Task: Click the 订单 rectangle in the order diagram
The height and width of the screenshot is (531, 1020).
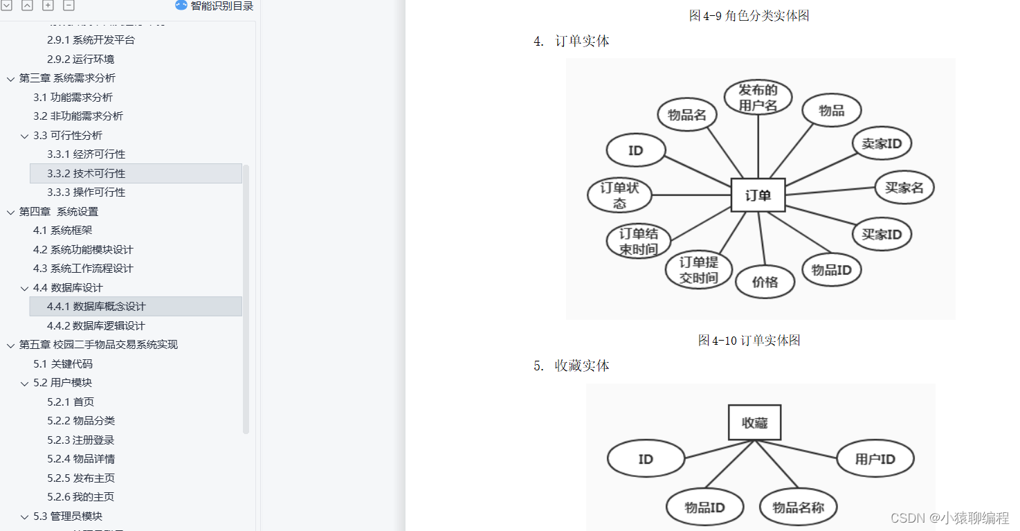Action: point(758,195)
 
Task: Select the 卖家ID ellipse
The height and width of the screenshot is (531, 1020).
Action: point(882,143)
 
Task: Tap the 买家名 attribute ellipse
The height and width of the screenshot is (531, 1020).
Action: point(904,187)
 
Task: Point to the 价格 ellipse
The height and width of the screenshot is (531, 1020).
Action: point(765,282)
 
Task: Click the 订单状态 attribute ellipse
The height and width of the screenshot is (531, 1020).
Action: point(619,195)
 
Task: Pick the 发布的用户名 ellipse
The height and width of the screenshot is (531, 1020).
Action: point(758,97)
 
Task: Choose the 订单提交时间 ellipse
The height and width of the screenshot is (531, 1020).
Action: point(698,269)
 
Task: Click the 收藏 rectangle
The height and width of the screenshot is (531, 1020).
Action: point(754,422)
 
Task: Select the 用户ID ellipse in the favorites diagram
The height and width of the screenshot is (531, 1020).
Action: point(875,458)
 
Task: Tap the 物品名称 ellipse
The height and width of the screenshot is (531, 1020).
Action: point(799,507)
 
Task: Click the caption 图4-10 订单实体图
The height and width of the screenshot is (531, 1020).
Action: point(749,340)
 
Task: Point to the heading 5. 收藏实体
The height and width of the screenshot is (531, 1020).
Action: point(572,366)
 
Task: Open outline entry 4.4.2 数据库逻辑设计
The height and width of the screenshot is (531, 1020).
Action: point(95,325)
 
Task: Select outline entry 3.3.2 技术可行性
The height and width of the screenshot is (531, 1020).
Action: point(86,174)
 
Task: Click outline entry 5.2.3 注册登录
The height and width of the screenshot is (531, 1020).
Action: point(80,440)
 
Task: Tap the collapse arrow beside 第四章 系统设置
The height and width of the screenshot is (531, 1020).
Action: point(10,213)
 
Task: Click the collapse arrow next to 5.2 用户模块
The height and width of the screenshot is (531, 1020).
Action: point(25,384)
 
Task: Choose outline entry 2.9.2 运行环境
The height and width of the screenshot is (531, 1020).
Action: point(80,60)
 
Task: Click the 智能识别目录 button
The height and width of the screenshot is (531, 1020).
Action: point(214,6)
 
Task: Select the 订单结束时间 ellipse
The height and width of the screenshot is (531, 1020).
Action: point(639,242)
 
